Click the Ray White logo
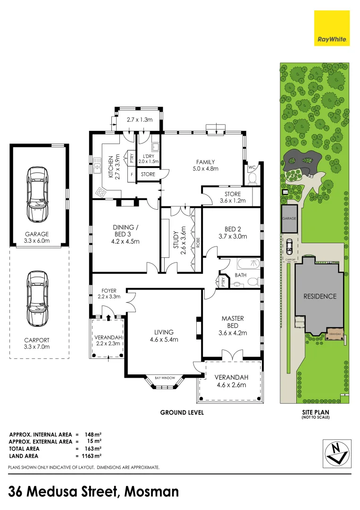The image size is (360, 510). pos(332,28)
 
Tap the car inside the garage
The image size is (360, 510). pos(37,194)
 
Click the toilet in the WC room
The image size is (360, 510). pos(252,178)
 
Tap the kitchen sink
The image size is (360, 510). pos(98,165)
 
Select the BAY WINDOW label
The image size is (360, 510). pos(165,378)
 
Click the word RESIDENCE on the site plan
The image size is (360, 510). pos(320,296)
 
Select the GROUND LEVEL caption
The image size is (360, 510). pos(182,412)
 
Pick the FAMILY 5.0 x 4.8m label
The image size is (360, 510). pos(205,165)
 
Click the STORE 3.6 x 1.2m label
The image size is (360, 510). pos(230,197)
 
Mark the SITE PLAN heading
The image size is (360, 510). pos(316,412)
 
